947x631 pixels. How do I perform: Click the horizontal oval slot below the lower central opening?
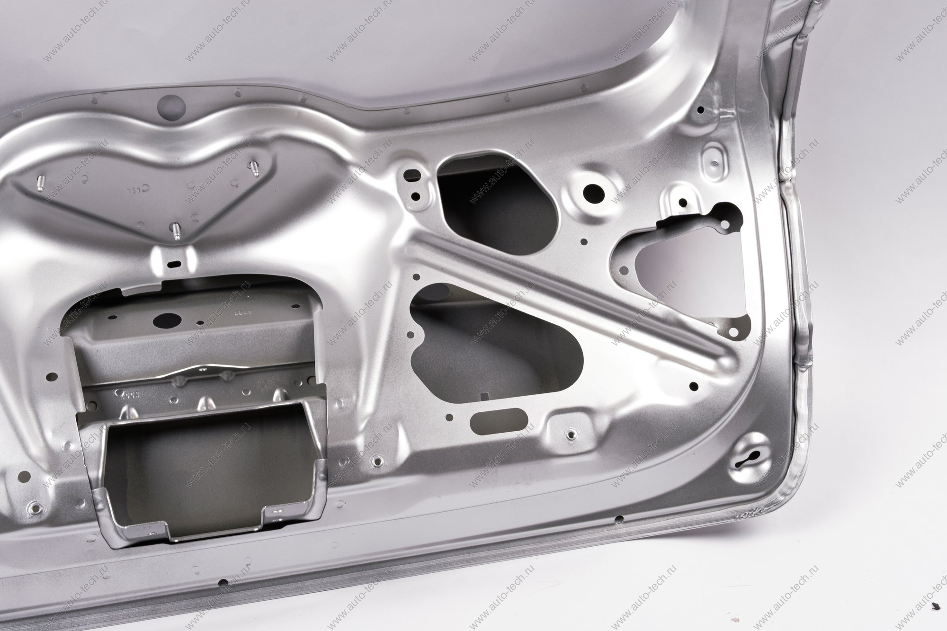[500, 419]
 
